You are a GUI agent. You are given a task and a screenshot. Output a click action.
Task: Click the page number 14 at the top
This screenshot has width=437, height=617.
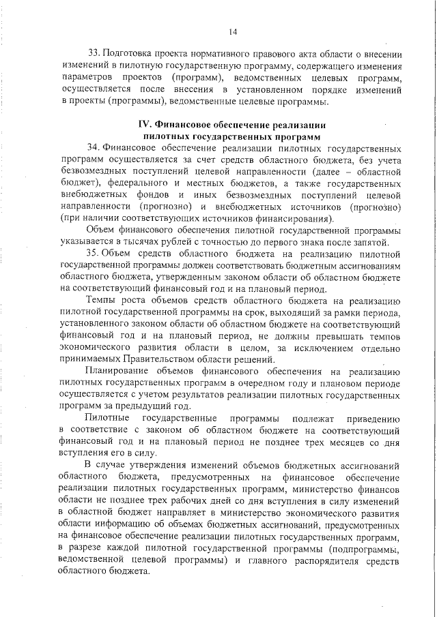tap(233, 31)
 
